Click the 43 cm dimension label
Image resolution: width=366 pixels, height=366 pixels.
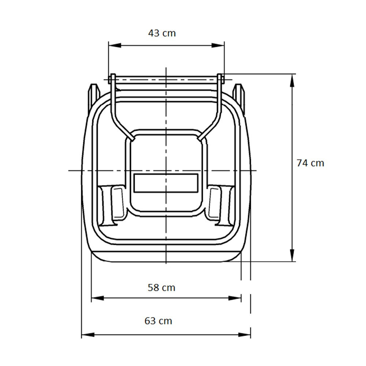(x=162, y=33)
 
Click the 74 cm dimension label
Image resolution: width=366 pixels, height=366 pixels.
(x=310, y=163)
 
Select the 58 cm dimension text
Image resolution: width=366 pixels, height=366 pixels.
(x=161, y=288)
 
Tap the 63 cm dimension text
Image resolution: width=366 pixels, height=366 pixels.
(x=158, y=321)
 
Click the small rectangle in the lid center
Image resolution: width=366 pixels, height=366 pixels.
(x=166, y=183)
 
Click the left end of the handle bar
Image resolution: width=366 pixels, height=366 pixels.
(x=113, y=78)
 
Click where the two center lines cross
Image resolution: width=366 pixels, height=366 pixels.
(x=166, y=171)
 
